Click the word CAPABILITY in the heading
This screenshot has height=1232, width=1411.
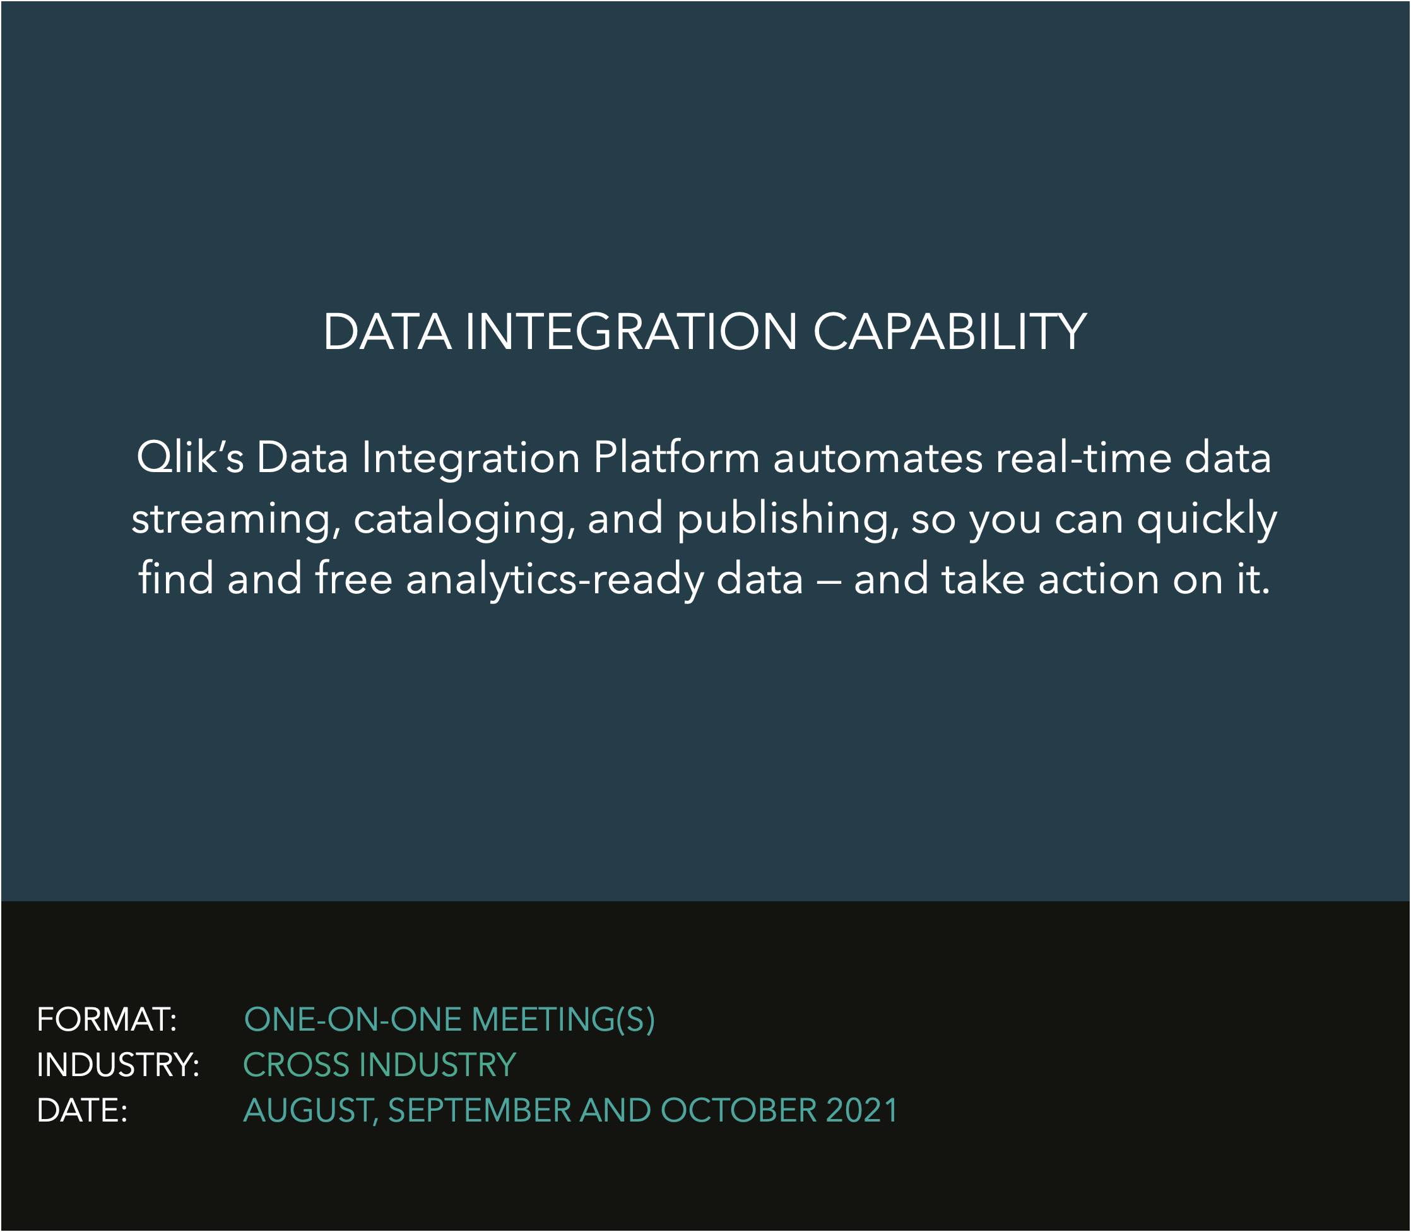pyautogui.click(x=949, y=332)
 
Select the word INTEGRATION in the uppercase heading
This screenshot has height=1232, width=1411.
pyautogui.click(x=631, y=332)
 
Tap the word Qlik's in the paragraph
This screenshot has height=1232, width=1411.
pyautogui.click(x=191, y=457)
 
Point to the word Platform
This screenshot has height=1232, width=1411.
pyautogui.click(x=676, y=457)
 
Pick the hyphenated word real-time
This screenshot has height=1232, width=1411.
pyautogui.click(x=1083, y=457)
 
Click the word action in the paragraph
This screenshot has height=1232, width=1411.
pyautogui.click(x=1098, y=579)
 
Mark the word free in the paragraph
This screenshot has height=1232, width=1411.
pyautogui.click(x=354, y=578)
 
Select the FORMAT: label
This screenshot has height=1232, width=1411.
pyautogui.click(x=107, y=1019)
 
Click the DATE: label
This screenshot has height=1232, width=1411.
pyautogui.click(x=83, y=1110)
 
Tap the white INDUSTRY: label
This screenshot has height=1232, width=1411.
pyautogui.click(x=118, y=1065)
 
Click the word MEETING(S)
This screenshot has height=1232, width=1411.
pyautogui.click(x=563, y=1019)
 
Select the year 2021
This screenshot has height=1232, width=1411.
pyautogui.click(x=862, y=1110)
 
